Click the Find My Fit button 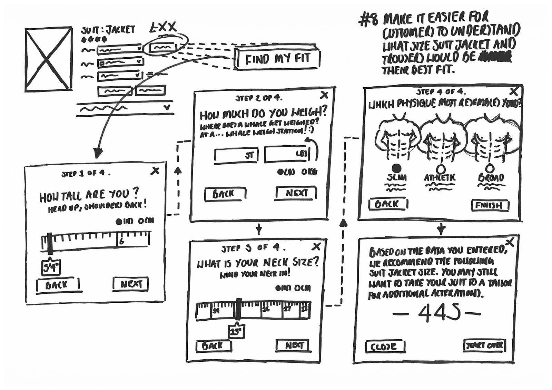(x=278, y=59)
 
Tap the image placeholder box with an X (x=49, y=59)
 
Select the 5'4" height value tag (x=51, y=267)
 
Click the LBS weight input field (x=287, y=154)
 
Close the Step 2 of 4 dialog (x=324, y=95)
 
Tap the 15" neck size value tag (x=236, y=331)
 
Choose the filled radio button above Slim (x=397, y=168)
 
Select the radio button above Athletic (x=440, y=169)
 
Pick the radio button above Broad (x=489, y=168)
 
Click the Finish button (x=490, y=205)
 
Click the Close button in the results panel (x=385, y=347)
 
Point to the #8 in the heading (x=368, y=20)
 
